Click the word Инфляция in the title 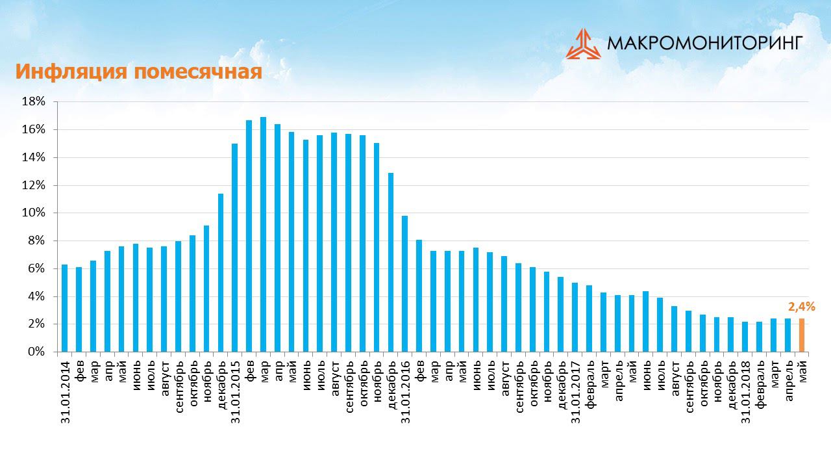72,71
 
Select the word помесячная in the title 199,71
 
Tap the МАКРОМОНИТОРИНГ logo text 704,44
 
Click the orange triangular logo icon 583,44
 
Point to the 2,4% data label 801,306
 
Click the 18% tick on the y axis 34,101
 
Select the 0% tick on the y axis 37,352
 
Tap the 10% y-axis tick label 34,213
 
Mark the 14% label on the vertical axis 34,157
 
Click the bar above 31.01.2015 234,248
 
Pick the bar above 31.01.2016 404,283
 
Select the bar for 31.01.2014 64,308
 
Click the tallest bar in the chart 263,234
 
